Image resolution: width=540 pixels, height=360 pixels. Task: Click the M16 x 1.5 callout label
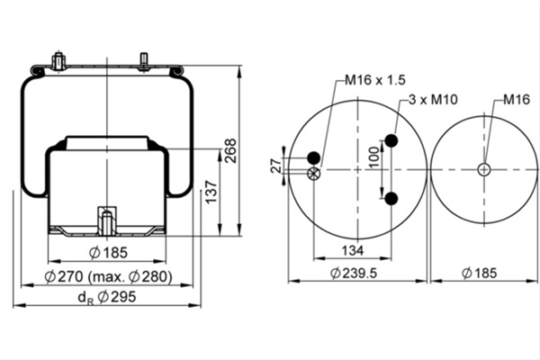375,80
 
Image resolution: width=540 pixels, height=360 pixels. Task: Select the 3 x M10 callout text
433,100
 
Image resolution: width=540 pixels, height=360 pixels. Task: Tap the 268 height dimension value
230,150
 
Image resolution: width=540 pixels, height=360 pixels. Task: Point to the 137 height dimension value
211,192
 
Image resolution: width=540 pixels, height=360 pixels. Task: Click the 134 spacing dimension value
353,250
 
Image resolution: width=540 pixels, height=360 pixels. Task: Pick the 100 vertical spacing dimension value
373,157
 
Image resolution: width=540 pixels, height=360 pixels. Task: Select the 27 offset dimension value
276,166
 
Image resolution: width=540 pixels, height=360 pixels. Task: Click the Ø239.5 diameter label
354,274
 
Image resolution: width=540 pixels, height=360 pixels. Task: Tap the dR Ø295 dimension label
107,297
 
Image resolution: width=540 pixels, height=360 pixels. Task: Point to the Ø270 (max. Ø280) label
109,276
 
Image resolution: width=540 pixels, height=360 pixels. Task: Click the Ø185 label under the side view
108,253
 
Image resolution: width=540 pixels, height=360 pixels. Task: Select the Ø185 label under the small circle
480,274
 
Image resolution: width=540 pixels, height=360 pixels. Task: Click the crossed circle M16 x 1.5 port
313,174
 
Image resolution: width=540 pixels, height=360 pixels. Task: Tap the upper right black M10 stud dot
391,140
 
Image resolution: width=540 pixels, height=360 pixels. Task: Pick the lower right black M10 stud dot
391,199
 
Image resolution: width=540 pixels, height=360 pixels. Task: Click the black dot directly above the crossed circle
313,157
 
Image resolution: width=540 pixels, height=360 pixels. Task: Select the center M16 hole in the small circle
484,169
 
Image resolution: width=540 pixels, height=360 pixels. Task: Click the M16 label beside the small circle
517,100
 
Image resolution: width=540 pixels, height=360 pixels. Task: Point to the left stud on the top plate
58,61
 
